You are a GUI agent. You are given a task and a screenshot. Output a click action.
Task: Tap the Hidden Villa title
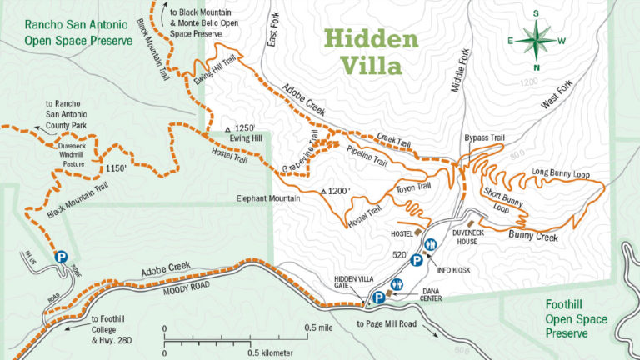tap(371, 52)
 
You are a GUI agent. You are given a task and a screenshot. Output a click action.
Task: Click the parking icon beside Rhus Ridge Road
tap(60, 258)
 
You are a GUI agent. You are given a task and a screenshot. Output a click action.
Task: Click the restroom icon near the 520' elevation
tap(431, 244)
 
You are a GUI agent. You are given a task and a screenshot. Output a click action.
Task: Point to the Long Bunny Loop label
tap(559, 174)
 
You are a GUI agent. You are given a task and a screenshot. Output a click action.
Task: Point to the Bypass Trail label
tap(484, 137)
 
